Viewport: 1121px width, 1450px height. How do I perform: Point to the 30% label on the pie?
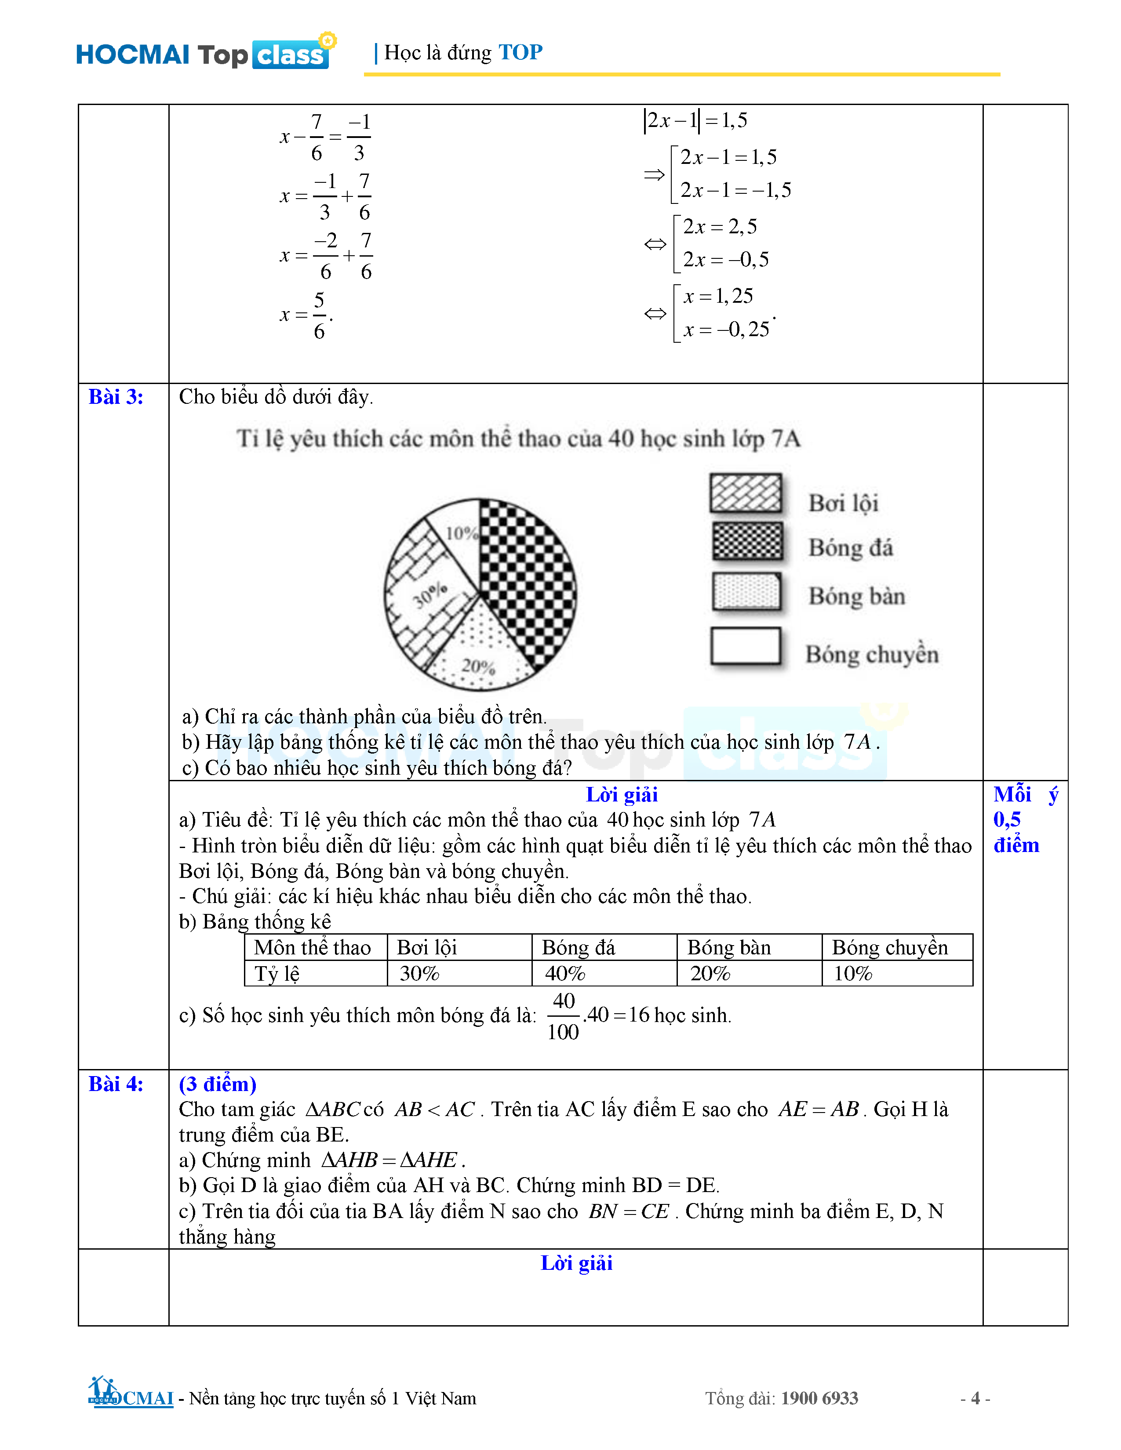coord(429,595)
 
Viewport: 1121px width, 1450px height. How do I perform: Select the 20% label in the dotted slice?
coord(478,666)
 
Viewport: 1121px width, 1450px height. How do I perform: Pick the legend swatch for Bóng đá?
coord(747,541)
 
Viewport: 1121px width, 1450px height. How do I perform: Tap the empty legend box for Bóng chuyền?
coord(745,646)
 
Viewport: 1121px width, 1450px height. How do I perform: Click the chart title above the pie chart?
coord(518,439)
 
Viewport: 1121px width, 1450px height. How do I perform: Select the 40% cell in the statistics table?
coord(565,973)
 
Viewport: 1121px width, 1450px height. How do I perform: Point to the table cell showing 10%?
coord(853,973)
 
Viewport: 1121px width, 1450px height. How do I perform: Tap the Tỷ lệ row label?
coord(277,973)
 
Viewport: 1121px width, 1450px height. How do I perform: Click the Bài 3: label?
coord(116,397)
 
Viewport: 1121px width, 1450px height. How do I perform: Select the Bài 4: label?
coord(116,1084)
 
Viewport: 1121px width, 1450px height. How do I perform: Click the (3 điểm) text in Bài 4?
coord(217,1084)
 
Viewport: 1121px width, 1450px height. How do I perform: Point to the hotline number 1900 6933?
coord(819,1398)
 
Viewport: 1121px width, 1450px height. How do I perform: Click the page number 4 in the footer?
coord(975,1398)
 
